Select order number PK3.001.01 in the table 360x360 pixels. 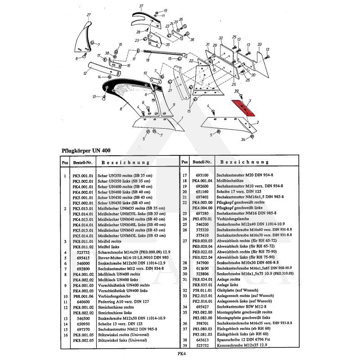82,176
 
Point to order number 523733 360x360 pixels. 82,252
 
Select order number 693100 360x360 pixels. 202,176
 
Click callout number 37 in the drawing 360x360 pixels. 141,6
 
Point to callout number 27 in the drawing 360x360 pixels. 89,15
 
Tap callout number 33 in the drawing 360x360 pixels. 260,44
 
